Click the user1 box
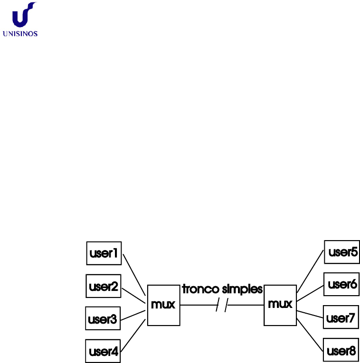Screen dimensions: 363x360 (x=104, y=253)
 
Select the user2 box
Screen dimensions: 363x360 (x=104, y=286)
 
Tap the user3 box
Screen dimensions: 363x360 (x=102, y=319)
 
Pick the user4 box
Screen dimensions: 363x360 (x=103, y=352)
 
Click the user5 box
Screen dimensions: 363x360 (x=342, y=252)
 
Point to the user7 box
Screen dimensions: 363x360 (x=341, y=317)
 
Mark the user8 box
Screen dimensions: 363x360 (x=341, y=351)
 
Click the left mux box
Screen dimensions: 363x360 (x=163, y=305)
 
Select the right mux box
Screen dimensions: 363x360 (x=280, y=305)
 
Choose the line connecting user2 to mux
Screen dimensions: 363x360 (x=133, y=294)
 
